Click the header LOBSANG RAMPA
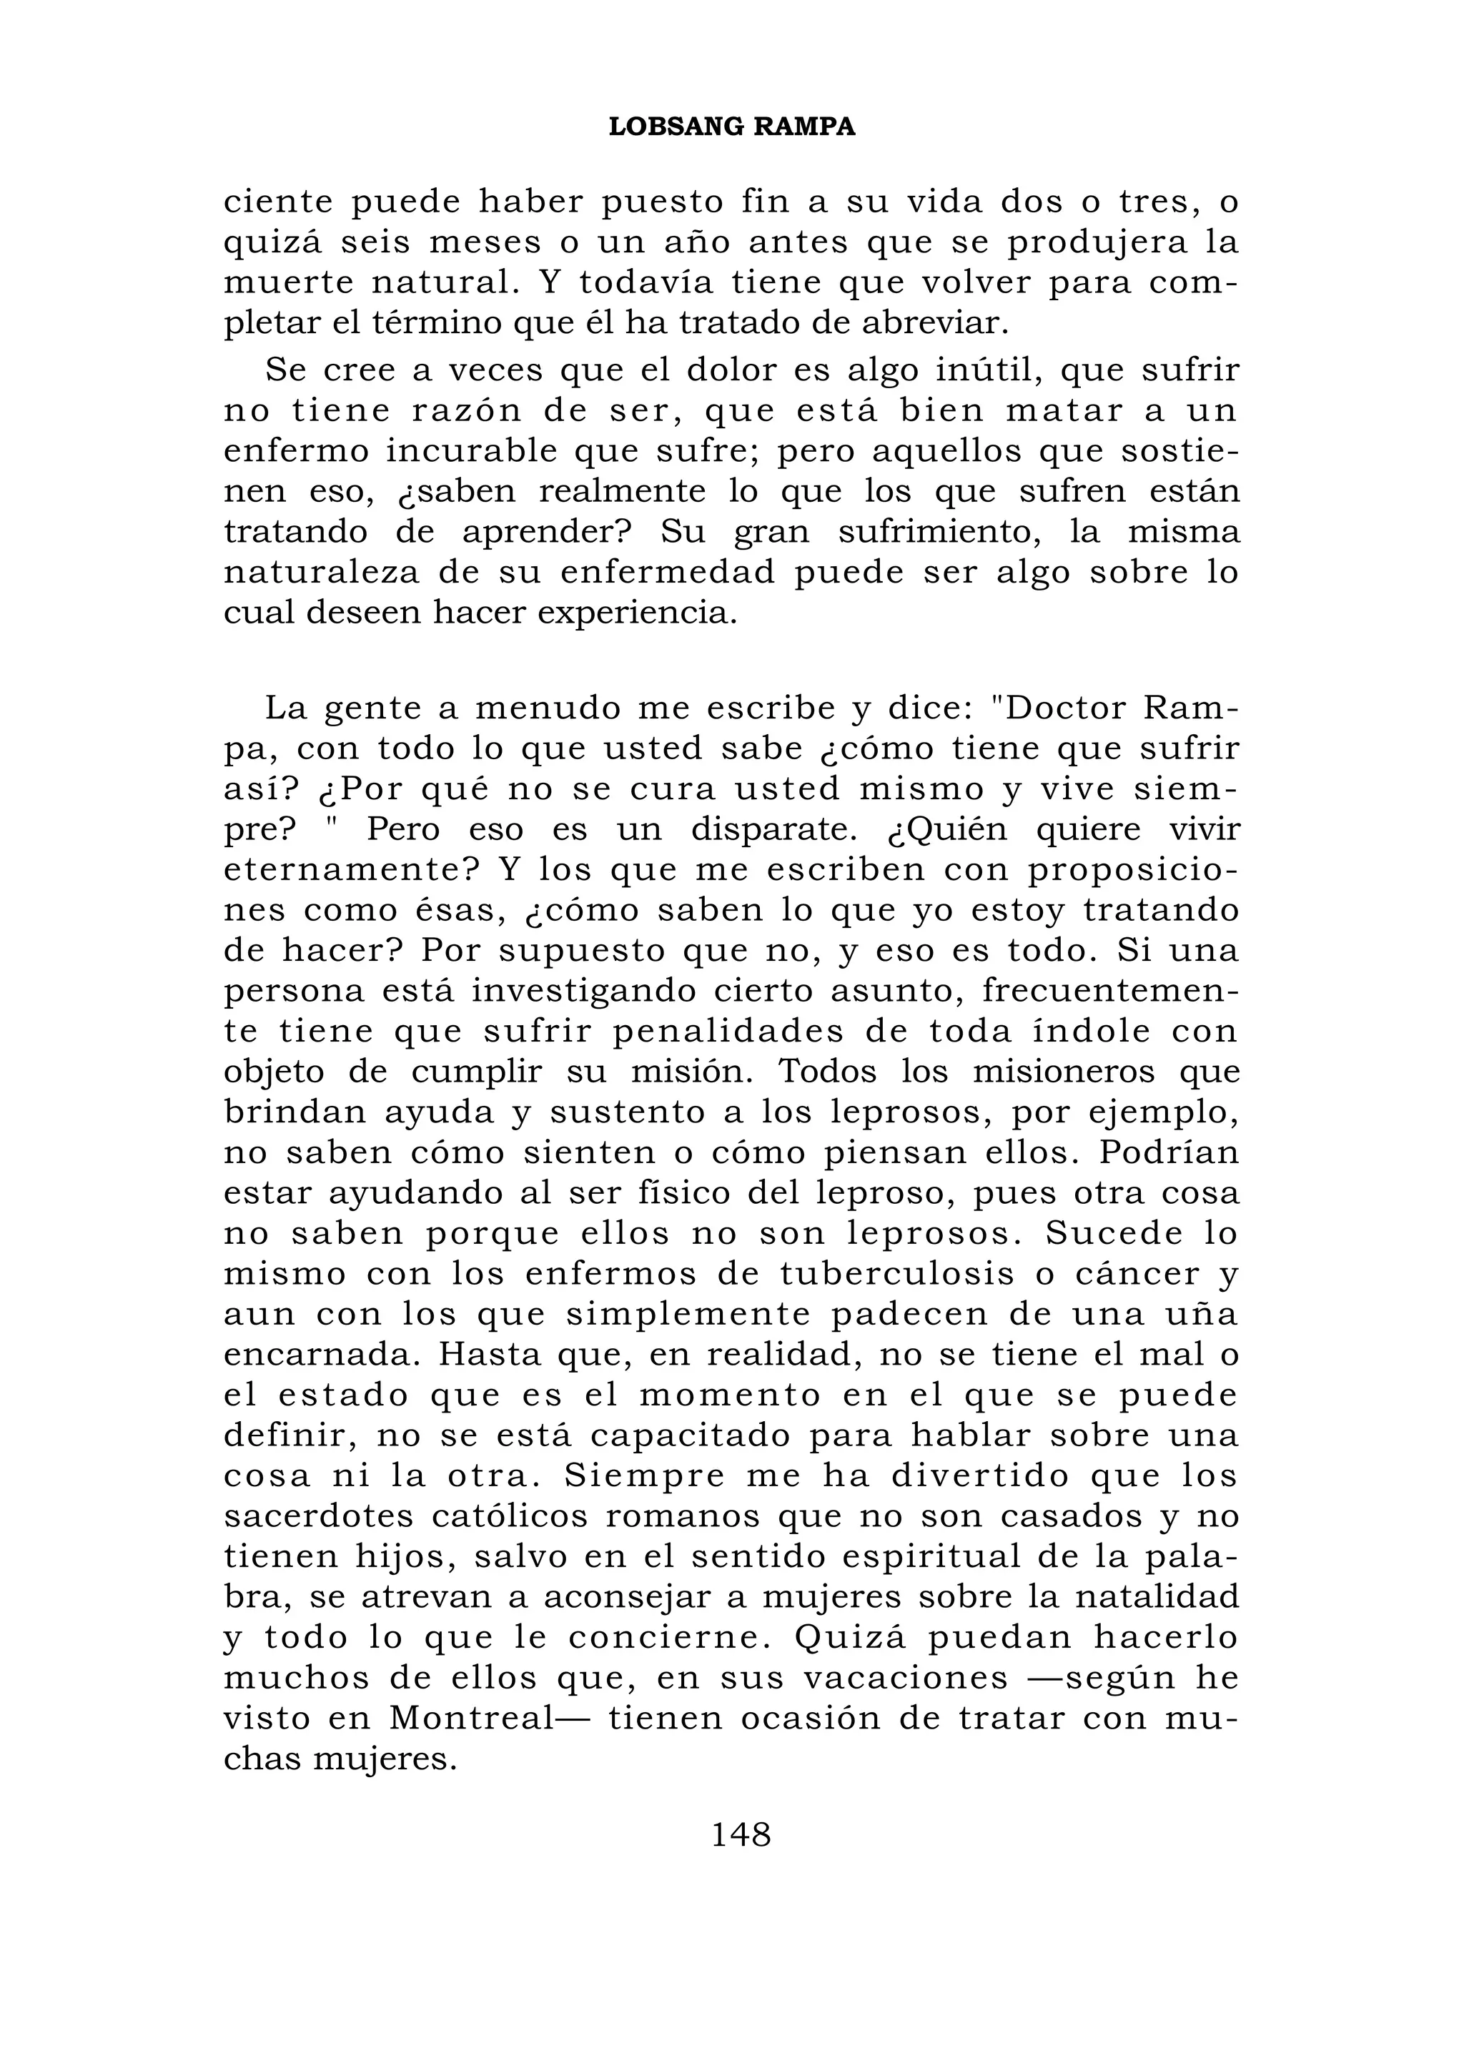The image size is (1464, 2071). (x=731, y=127)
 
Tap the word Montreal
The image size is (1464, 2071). (x=470, y=1719)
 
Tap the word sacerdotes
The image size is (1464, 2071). (x=317, y=1516)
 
